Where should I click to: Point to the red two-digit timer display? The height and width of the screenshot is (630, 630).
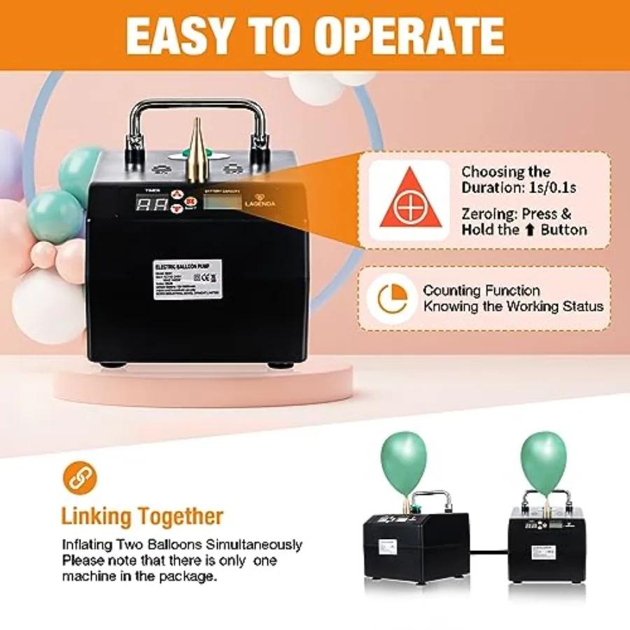[152, 204]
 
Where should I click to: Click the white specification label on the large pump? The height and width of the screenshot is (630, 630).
[188, 279]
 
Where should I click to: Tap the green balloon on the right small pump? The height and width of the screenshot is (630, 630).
[544, 455]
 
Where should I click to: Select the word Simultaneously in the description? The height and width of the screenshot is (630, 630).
[253, 544]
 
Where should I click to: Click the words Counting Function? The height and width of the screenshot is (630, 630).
[481, 290]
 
